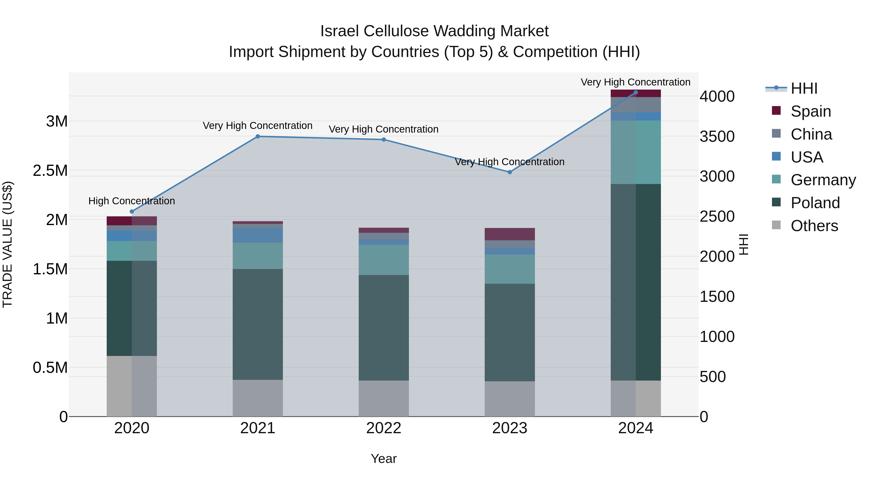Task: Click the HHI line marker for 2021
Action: (x=258, y=136)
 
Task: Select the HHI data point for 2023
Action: (x=510, y=172)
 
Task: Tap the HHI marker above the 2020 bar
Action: (x=132, y=212)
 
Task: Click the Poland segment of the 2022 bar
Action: (x=384, y=327)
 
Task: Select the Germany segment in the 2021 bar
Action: (x=258, y=255)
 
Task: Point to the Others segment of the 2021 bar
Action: (x=258, y=398)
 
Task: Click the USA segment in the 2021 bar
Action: (x=258, y=235)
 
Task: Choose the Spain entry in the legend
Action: (x=811, y=111)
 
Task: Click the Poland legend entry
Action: (x=815, y=203)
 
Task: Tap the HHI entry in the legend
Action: (x=804, y=88)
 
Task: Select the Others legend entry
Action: (x=814, y=226)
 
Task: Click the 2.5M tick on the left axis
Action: (x=50, y=171)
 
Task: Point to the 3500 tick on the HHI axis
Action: (x=717, y=136)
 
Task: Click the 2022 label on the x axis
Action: (x=384, y=428)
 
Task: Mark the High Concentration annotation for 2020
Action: (x=132, y=201)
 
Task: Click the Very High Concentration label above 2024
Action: (x=636, y=82)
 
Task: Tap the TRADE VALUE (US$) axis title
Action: (x=7, y=244)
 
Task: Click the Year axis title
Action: (x=384, y=459)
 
